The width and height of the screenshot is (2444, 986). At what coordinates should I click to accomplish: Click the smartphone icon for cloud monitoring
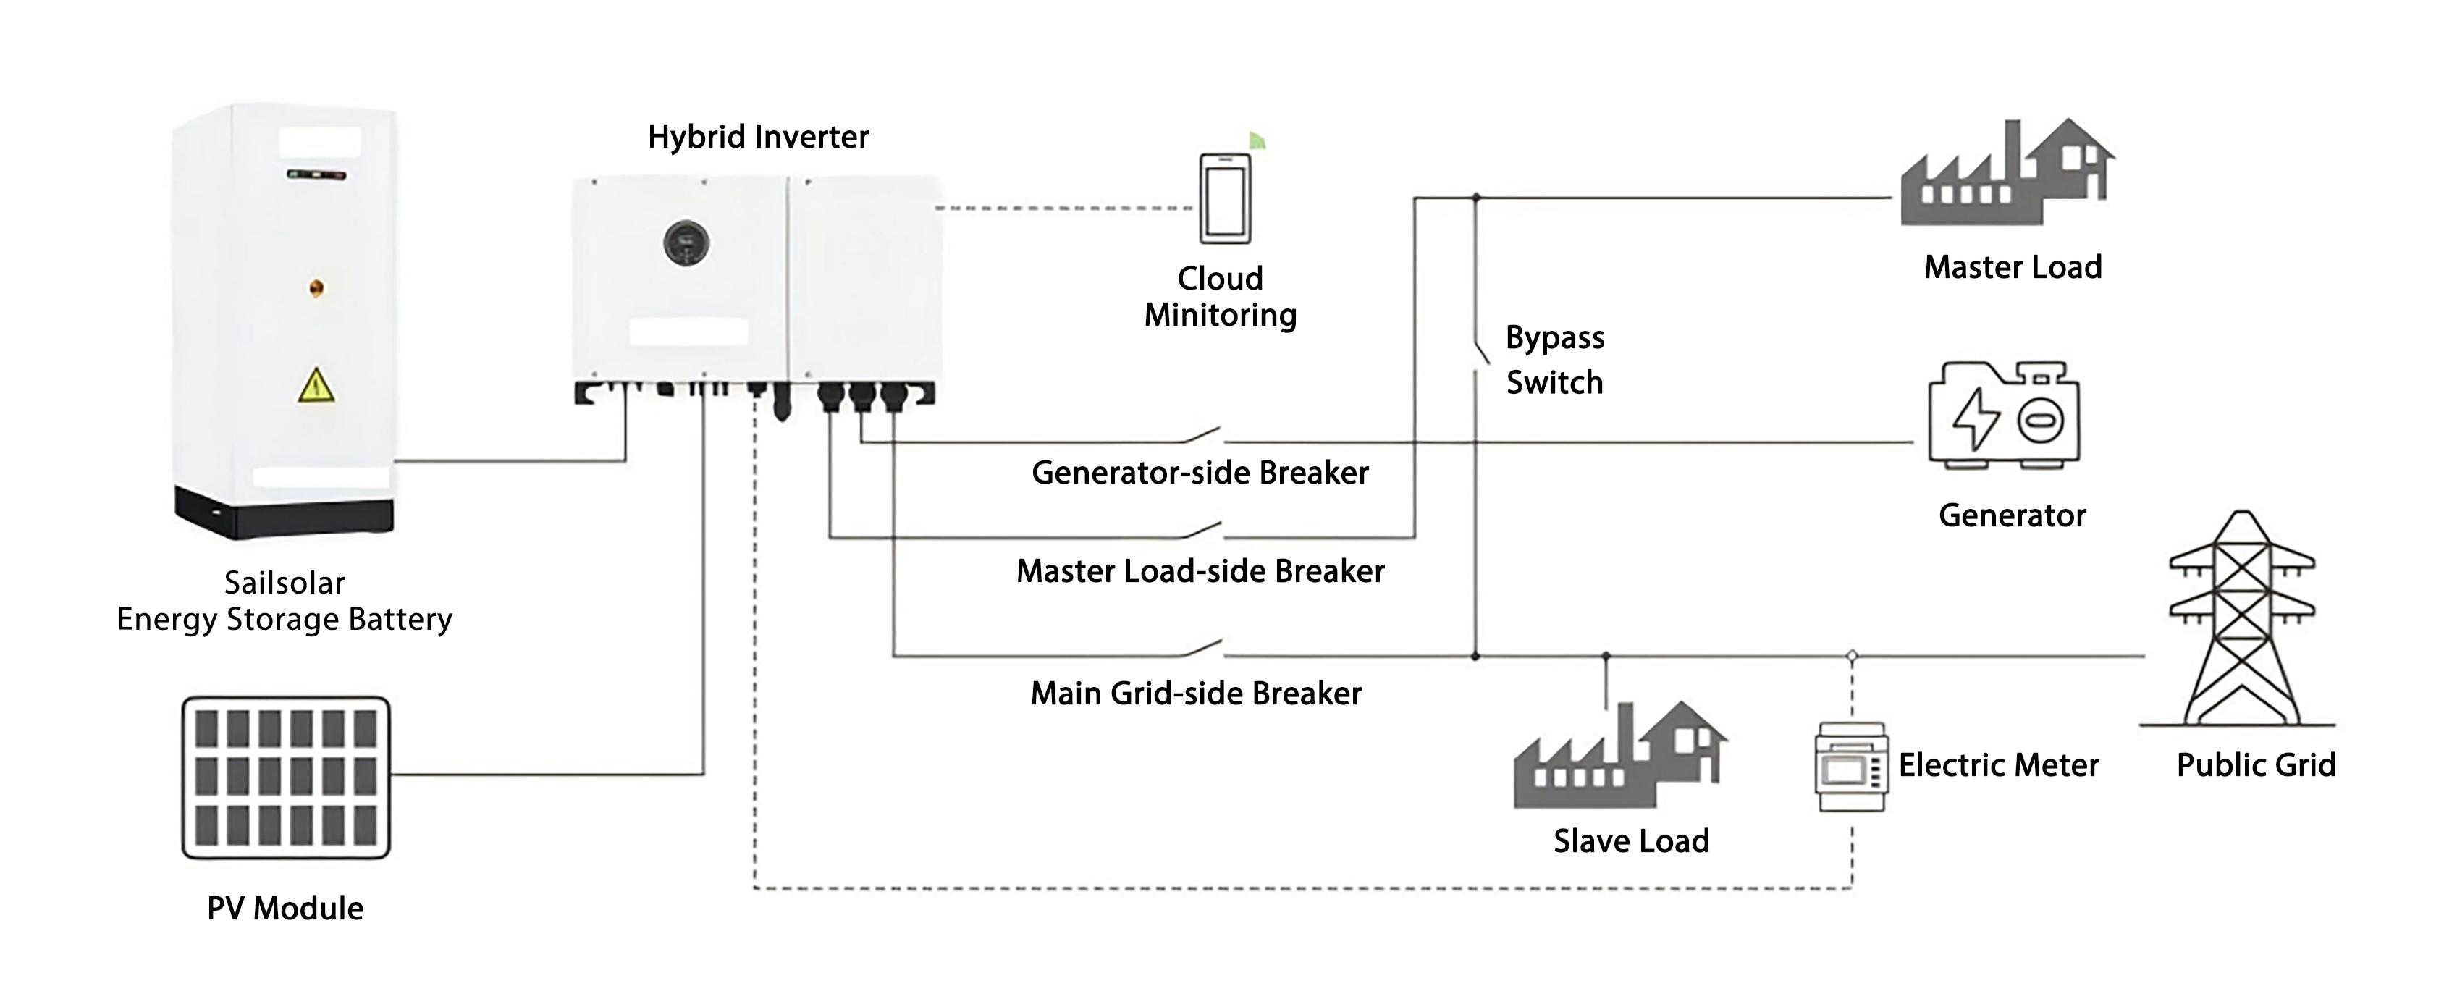click(1225, 199)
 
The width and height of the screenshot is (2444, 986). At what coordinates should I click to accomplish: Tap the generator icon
click(2004, 415)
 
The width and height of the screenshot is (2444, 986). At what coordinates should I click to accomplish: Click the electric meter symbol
click(1850, 767)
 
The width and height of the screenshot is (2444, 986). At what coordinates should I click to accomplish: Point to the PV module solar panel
click(285, 778)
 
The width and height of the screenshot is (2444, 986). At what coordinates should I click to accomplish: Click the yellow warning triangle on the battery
click(316, 385)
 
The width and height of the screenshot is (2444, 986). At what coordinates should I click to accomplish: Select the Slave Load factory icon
click(1619, 757)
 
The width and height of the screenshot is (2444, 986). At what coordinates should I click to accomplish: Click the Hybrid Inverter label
click(758, 137)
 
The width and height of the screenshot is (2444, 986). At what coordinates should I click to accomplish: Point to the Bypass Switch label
click(1554, 360)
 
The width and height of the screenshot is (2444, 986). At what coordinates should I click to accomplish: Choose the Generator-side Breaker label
click(1200, 473)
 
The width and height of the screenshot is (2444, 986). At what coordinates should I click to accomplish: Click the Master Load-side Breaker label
click(1200, 571)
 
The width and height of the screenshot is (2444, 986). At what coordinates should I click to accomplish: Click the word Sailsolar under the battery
click(284, 583)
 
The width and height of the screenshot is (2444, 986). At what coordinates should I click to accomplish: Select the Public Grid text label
click(2255, 765)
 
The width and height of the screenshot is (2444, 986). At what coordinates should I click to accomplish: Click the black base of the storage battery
click(284, 512)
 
